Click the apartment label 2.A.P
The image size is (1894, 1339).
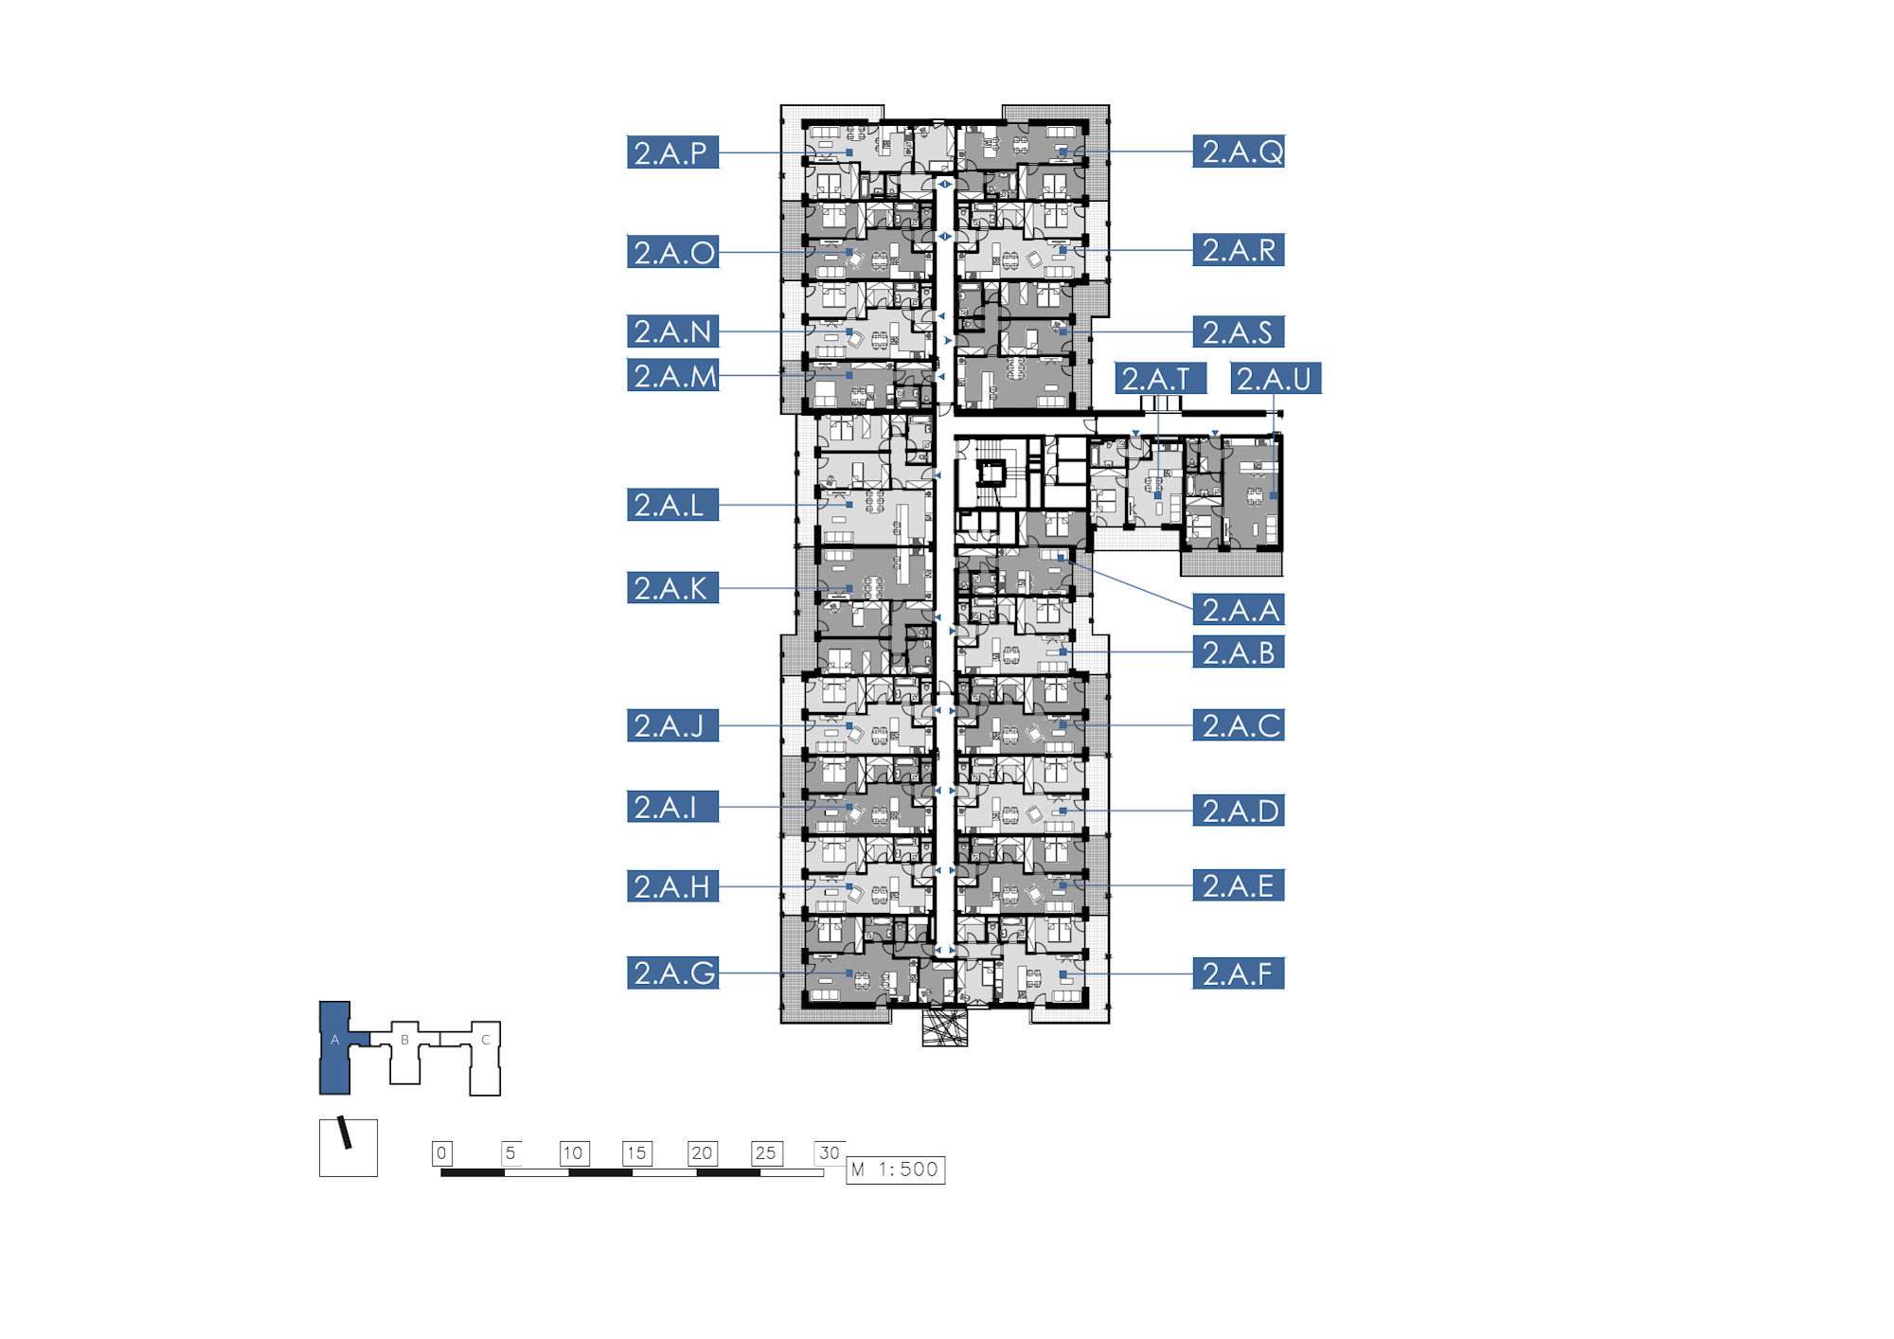[x=672, y=152]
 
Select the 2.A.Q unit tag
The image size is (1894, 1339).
[x=1239, y=152]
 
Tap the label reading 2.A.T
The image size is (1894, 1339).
[x=1160, y=379]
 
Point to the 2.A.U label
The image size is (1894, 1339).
[x=1276, y=379]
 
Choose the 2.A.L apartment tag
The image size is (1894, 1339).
[x=672, y=505]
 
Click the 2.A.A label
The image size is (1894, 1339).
[x=1239, y=610]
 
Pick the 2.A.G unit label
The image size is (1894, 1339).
[x=672, y=973]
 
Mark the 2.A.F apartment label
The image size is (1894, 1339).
[x=1239, y=973]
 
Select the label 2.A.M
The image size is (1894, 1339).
[x=672, y=375]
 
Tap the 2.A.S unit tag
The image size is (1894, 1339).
[x=1239, y=331]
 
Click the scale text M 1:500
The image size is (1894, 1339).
[x=895, y=1169]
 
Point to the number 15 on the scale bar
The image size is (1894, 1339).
[x=636, y=1152]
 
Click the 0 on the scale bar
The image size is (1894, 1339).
[x=441, y=1152]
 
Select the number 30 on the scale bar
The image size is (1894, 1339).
[x=830, y=1152]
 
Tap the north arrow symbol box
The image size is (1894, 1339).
[x=348, y=1148]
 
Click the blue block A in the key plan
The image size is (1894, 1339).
[x=335, y=1046]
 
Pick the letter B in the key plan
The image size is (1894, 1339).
[x=404, y=1040]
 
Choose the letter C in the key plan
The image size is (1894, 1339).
[x=486, y=1040]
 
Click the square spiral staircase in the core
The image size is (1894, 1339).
[x=992, y=472]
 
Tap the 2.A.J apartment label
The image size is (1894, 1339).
[x=672, y=725]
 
